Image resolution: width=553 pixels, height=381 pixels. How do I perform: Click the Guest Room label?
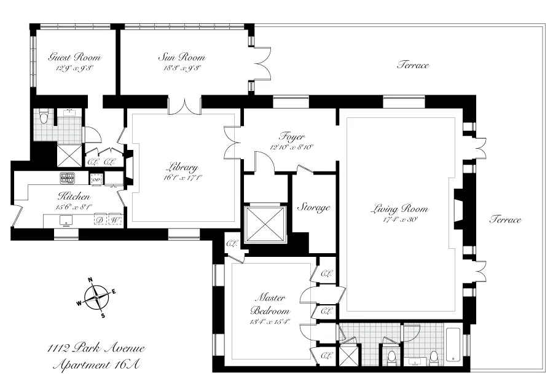point(74,58)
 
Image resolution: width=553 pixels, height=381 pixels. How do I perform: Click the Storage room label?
point(314,208)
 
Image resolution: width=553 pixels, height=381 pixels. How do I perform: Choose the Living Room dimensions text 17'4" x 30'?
point(399,219)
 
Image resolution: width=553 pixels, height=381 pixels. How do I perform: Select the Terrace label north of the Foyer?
point(412,65)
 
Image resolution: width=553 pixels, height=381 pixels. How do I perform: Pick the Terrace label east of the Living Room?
point(505,220)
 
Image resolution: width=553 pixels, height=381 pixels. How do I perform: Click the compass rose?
point(97,297)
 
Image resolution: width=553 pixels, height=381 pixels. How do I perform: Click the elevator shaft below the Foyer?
point(265,224)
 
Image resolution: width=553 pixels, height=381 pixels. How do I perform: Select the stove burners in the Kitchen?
point(67,179)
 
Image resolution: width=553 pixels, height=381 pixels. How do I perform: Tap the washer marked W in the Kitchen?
point(114,219)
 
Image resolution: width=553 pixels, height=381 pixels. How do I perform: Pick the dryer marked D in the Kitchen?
point(99,219)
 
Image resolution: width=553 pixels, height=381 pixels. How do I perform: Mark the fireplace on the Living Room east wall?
point(459,211)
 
